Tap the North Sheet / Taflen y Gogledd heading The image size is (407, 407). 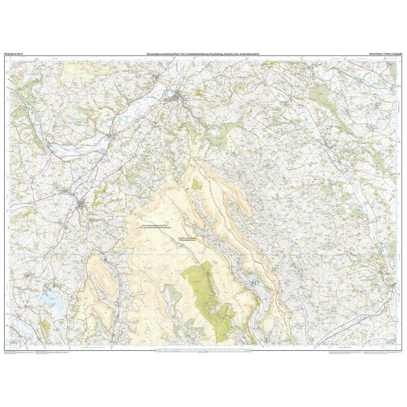tap(382, 53)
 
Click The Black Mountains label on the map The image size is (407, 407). tap(187, 238)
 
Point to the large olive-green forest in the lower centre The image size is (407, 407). tap(203, 293)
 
